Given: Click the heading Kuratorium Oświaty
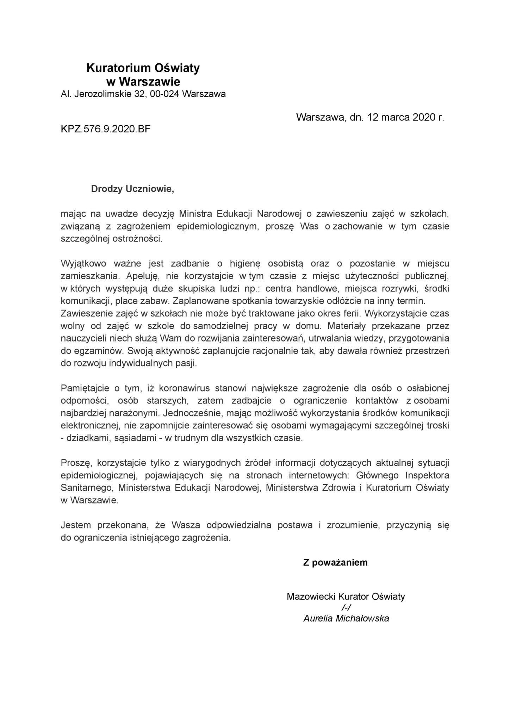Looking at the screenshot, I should click(143, 68).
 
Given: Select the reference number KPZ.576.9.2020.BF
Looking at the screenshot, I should click(106, 129).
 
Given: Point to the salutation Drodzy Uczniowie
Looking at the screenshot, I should click(132, 189).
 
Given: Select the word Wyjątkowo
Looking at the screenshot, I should click(83, 263).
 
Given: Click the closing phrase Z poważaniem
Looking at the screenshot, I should click(335, 562).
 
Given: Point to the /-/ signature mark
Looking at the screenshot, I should click(346, 607).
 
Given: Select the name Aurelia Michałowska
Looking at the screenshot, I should click(346, 619).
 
